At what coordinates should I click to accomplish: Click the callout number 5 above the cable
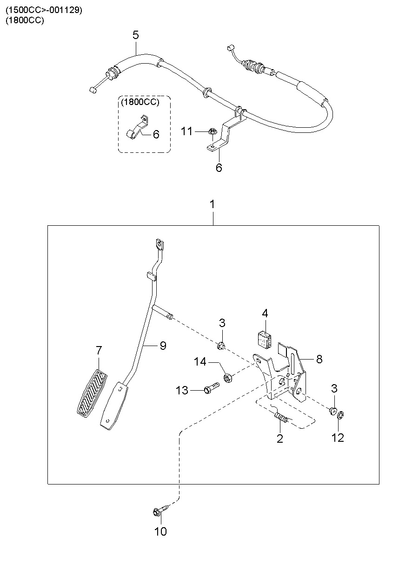(x=136, y=35)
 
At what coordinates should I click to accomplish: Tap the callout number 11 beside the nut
(x=186, y=131)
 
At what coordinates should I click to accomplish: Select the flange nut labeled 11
(x=211, y=131)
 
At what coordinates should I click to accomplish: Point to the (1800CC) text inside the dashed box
(x=140, y=102)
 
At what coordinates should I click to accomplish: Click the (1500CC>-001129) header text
(x=44, y=10)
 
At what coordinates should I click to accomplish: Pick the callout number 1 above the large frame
(x=213, y=204)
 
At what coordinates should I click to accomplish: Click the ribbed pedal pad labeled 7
(x=92, y=393)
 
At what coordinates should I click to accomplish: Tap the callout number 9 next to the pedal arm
(x=163, y=346)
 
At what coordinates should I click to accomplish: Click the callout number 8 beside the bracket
(x=319, y=360)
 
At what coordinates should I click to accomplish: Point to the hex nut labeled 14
(x=228, y=378)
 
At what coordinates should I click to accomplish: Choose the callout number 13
(x=182, y=391)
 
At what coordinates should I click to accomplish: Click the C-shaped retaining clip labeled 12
(x=341, y=415)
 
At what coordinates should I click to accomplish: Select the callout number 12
(x=338, y=438)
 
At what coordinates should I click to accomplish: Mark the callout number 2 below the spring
(x=279, y=439)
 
